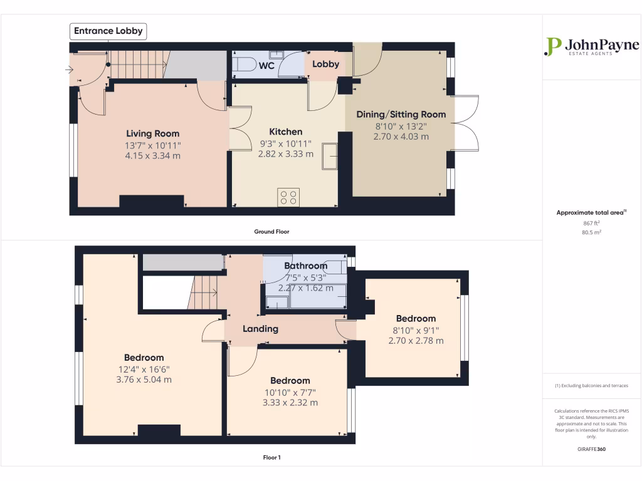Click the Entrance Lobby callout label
(x=108, y=31)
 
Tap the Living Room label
(x=153, y=133)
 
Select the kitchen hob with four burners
(x=288, y=197)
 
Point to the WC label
(x=267, y=65)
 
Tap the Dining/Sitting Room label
(x=401, y=114)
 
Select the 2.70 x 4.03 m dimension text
(x=401, y=136)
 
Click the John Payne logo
(x=591, y=46)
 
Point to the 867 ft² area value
(x=591, y=223)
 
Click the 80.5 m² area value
(x=591, y=232)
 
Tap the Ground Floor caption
(x=271, y=232)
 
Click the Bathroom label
(x=306, y=266)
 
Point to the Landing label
(x=261, y=329)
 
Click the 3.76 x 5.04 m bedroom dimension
(x=144, y=380)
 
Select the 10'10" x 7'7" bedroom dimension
(x=290, y=392)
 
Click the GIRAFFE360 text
(x=591, y=449)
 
